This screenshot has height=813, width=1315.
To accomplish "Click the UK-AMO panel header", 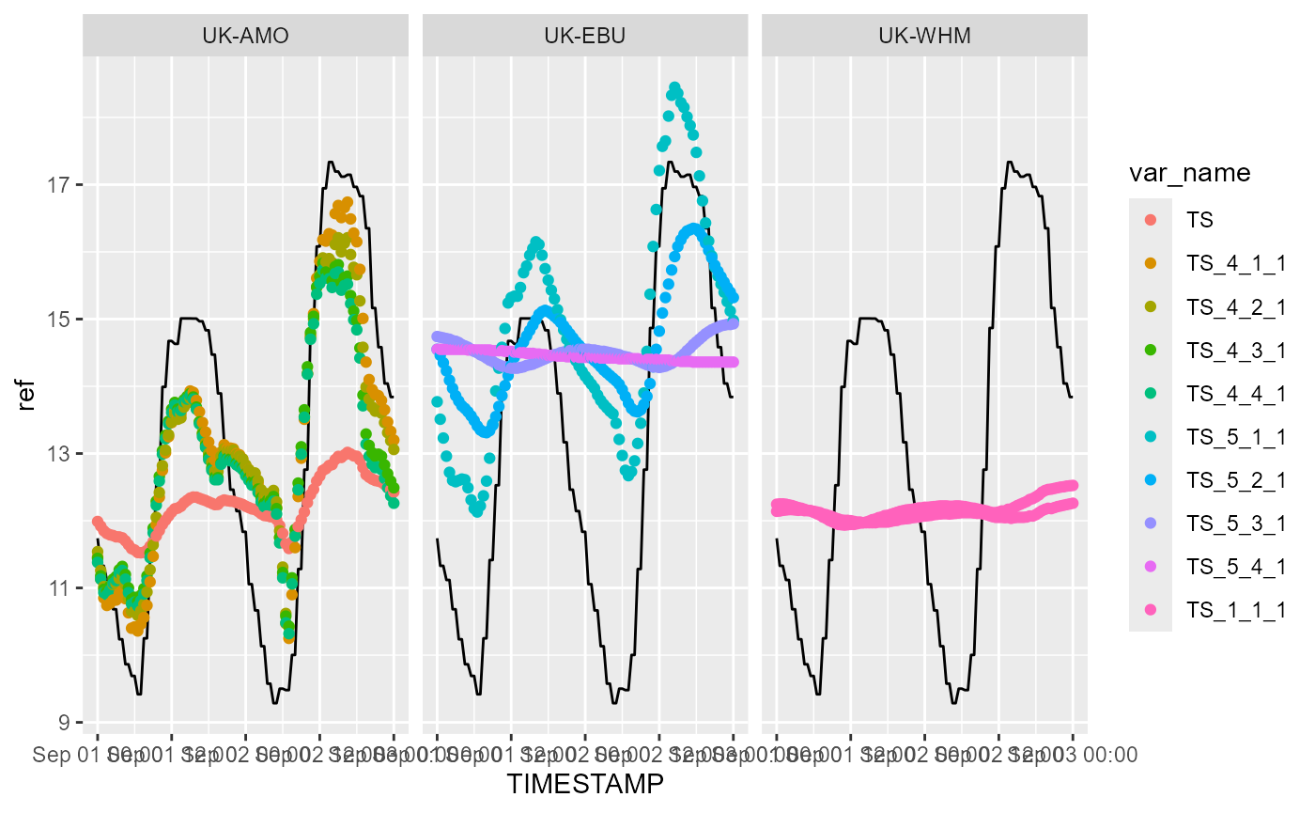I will point(245,37).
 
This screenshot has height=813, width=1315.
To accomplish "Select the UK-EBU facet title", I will point(584,37).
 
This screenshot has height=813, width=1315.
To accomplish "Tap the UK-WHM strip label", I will point(924,37).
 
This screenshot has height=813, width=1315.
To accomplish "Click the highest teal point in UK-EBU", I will point(673,87).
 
